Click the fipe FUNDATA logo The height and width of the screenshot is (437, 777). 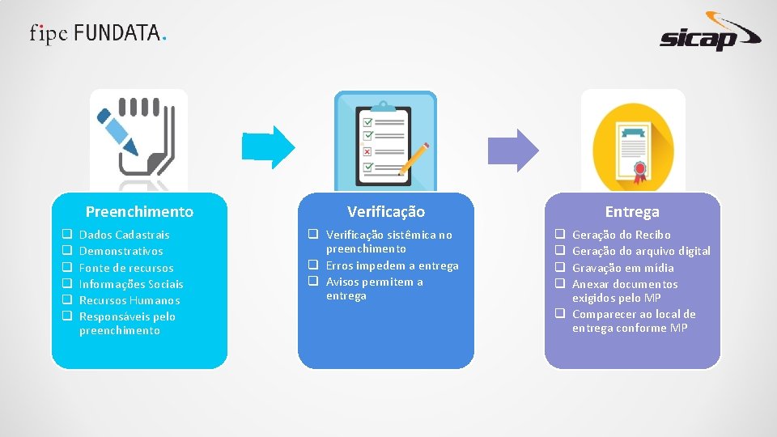click(99, 33)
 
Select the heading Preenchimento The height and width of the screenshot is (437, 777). click(139, 212)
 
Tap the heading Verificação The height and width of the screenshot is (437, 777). click(386, 212)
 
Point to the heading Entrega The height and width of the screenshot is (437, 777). click(632, 212)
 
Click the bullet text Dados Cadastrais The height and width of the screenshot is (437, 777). click(125, 235)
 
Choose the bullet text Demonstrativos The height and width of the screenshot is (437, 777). click(121, 251)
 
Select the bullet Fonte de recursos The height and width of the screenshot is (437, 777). click(126, 268)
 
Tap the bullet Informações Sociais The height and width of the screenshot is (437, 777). click(131, 284)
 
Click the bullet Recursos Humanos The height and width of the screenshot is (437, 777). click(129, 300)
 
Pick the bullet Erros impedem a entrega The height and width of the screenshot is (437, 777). click(392, 265)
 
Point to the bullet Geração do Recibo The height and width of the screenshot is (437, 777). click(622, 235)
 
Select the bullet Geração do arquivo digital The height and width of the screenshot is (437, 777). click(641, 251)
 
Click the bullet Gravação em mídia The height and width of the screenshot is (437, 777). click(623, 268)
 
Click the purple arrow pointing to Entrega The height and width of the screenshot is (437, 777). click(516, 150)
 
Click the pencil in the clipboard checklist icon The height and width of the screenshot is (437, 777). click(414, 159)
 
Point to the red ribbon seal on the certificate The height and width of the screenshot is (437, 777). click(641, 171)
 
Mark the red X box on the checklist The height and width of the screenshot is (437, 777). click(367, 151)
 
